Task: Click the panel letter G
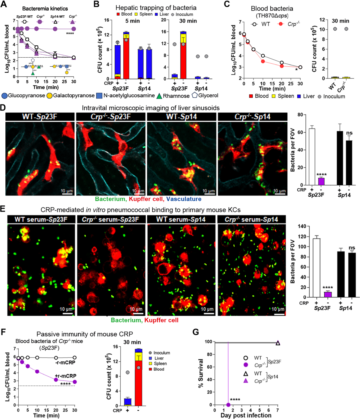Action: pos(195,332)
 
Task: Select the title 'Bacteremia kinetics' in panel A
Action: pos(45,9)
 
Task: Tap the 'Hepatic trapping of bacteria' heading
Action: pos(156,8)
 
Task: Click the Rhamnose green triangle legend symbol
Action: pos(159,96)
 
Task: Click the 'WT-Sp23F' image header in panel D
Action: pos(40,117)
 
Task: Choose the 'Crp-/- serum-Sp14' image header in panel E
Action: pos(251,220)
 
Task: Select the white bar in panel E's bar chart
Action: pos(316,268)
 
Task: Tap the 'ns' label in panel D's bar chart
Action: pos(349,133)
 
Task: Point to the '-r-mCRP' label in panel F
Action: pos(65,362)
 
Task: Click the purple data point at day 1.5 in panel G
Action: pos(228,405)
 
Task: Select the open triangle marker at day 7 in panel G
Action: pos(278,343)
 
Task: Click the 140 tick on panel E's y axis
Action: pos(302,226)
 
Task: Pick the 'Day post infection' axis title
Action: pos(246,415)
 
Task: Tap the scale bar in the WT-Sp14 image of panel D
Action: pos(208,194)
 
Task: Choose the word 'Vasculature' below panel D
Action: pos(184,199)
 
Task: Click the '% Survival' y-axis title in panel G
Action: pos(201,373)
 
